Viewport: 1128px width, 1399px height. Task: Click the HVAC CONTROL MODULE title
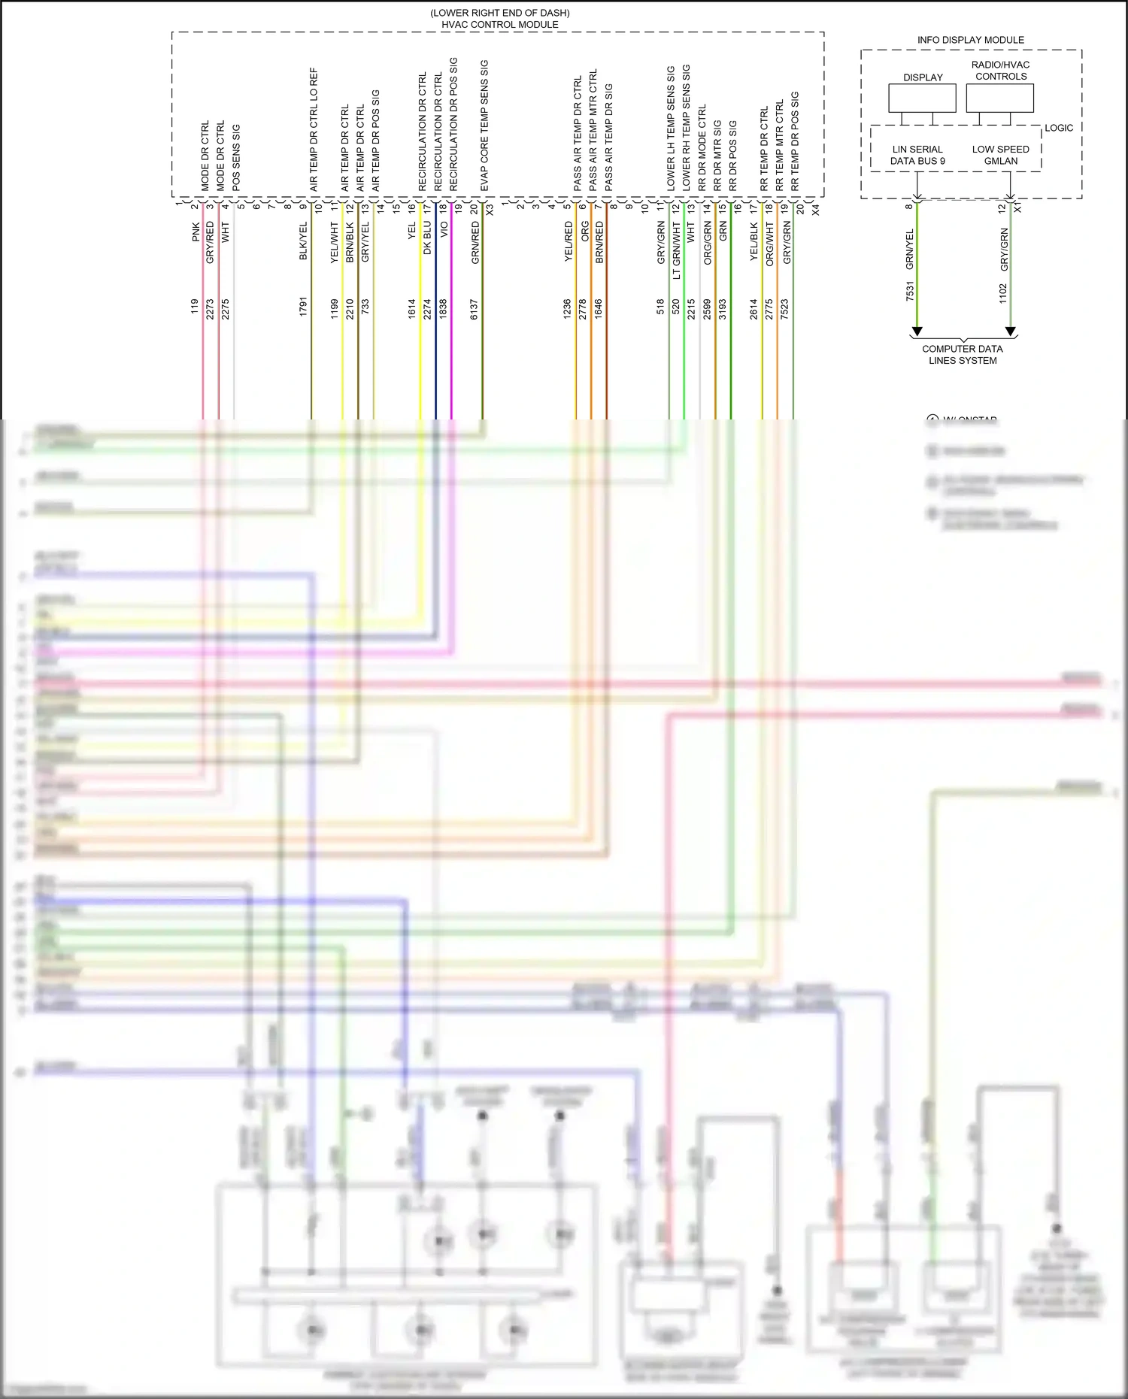(499, 24)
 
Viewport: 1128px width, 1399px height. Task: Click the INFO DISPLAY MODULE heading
(970, 40)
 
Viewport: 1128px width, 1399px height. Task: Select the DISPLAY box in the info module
(922, 98)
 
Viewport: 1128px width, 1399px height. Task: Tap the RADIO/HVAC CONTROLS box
(999, 98)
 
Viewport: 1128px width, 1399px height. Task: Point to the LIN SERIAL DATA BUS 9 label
(917, 155)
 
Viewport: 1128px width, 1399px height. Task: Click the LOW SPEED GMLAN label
(1000, 155)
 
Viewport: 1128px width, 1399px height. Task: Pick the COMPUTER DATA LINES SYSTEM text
(963, 354)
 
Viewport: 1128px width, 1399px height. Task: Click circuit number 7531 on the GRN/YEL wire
(909, 292)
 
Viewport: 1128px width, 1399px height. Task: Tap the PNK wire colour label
(196, 232)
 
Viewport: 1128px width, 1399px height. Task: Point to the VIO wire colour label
(444, 229)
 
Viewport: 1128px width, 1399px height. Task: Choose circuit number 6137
(475, 309)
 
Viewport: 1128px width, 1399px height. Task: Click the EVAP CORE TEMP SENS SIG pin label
(484, 126)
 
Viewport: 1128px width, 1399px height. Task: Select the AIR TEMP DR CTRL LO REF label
(314, 129)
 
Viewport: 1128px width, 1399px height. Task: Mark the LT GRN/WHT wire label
(676, 250)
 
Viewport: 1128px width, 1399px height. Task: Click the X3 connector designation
(490, 210)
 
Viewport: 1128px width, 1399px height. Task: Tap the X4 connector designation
(816, 210)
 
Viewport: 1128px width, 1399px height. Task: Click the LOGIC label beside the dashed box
(1058, 128)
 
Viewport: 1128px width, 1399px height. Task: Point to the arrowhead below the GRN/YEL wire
(917, 332)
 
